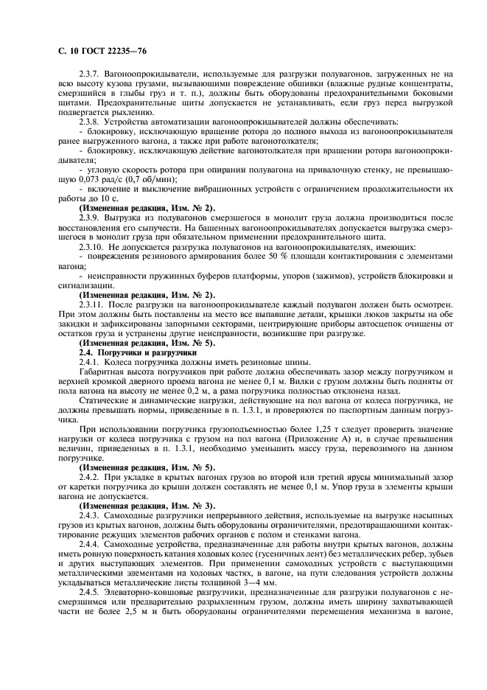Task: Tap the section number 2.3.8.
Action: click(91, 121)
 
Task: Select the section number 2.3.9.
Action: click(91, 217)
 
